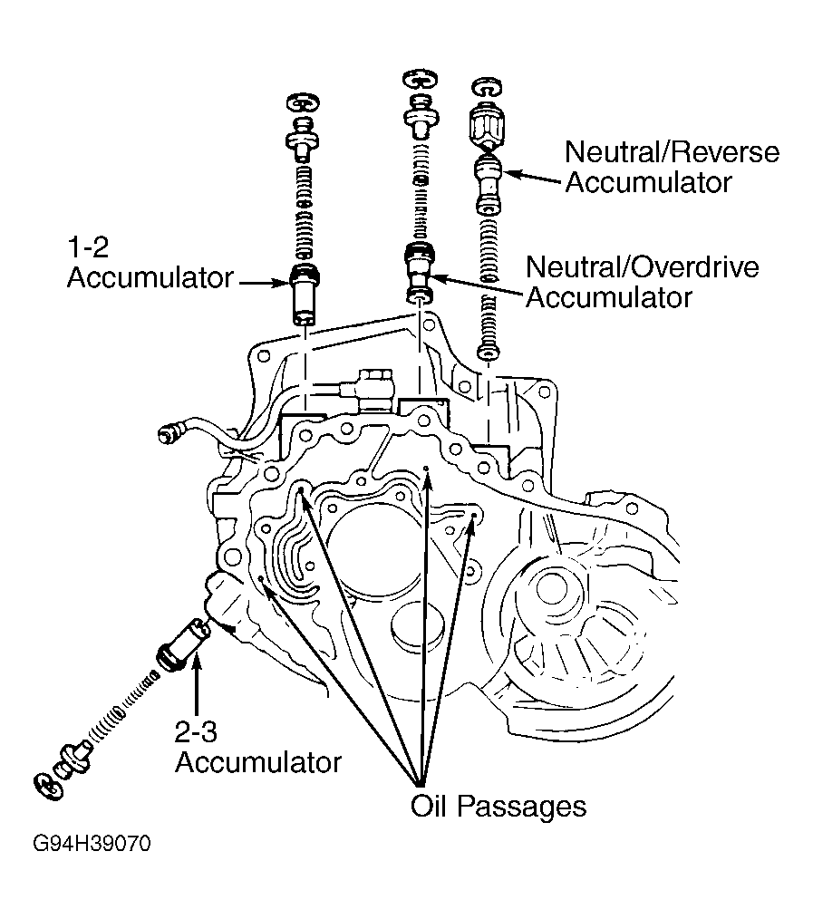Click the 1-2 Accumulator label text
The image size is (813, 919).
(150, 263)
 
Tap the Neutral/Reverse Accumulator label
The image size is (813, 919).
(673, 167)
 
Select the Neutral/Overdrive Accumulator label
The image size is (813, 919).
(643, 282)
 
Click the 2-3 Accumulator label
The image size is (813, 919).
(258, 748)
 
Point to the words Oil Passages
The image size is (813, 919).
(498, 806)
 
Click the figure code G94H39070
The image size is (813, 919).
(92, 844)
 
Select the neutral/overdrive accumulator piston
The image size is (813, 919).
(420, 273)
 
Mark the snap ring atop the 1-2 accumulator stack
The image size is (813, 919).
(303, 102)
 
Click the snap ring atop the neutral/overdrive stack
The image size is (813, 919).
(420, 78)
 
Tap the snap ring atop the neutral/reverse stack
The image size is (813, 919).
(487, 87)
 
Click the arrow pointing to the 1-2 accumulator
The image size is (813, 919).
(265, 283)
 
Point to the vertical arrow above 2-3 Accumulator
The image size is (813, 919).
(196, 684)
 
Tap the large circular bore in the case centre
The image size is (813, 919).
(367, 547)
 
